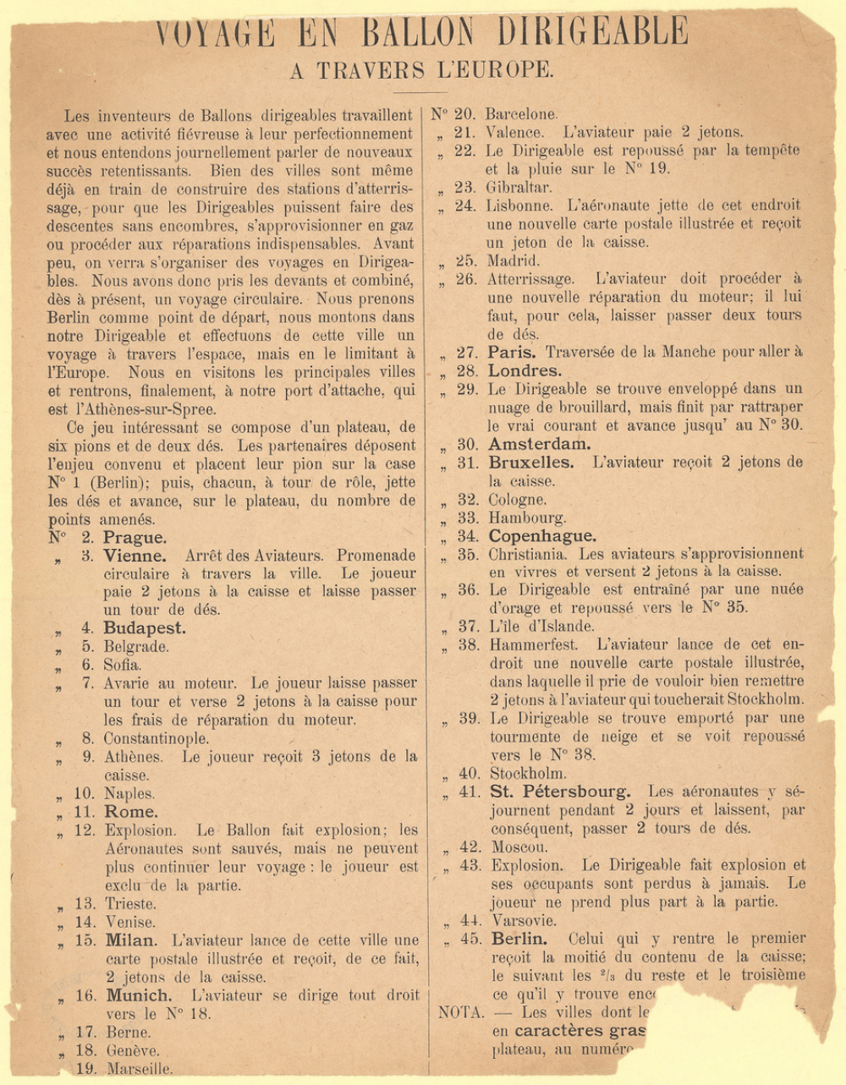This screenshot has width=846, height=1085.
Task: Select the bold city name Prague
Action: point(135,538)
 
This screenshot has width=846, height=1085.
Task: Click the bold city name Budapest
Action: point(144,628)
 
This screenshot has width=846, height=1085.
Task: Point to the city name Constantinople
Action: point(156,738)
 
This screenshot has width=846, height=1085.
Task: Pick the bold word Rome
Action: point(130,812)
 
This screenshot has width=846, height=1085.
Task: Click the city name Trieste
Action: point(130,904)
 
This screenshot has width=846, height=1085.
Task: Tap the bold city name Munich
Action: point(139,995)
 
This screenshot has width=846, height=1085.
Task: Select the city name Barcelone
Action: point(521,114)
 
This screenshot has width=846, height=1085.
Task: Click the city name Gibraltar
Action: point(519,187)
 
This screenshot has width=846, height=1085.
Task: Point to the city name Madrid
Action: point(513,261)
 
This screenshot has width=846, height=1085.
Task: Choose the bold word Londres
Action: point(525,371)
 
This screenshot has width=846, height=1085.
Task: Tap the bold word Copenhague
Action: point(542,536)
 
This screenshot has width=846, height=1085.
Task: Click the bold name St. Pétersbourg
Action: point(560,792)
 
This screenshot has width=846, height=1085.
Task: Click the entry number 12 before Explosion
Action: point(85,830)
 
